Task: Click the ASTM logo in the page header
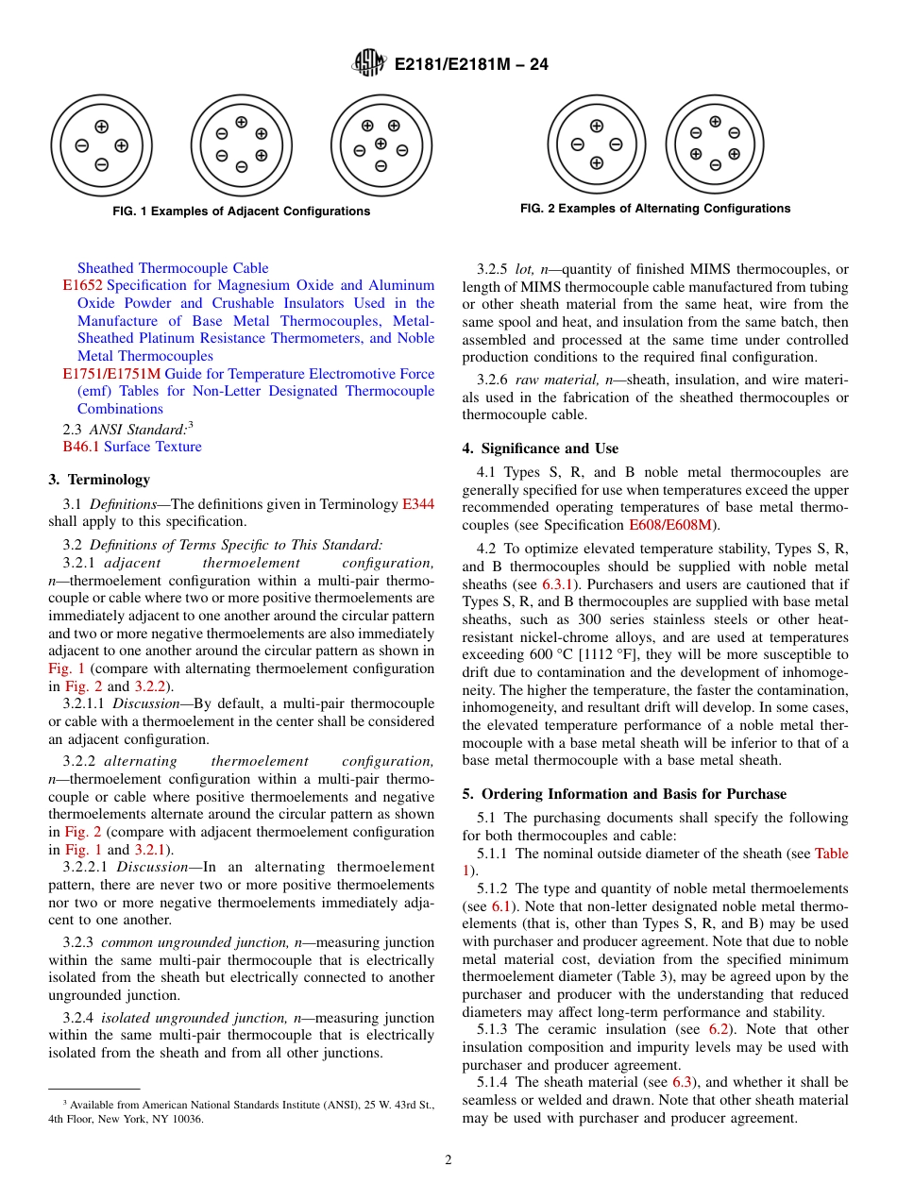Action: point(369,63)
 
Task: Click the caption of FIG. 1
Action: point(241,211)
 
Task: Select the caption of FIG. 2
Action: point(655,209)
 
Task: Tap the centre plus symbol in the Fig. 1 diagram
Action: point(381,144)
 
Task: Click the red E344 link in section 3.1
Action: point(418,504)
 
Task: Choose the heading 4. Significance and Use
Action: point(540,448)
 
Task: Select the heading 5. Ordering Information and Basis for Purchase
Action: point(624,794)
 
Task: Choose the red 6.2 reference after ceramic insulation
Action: point(719,1029)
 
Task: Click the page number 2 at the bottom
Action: point(448,1160)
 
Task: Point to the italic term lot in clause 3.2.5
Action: point(525,269)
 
